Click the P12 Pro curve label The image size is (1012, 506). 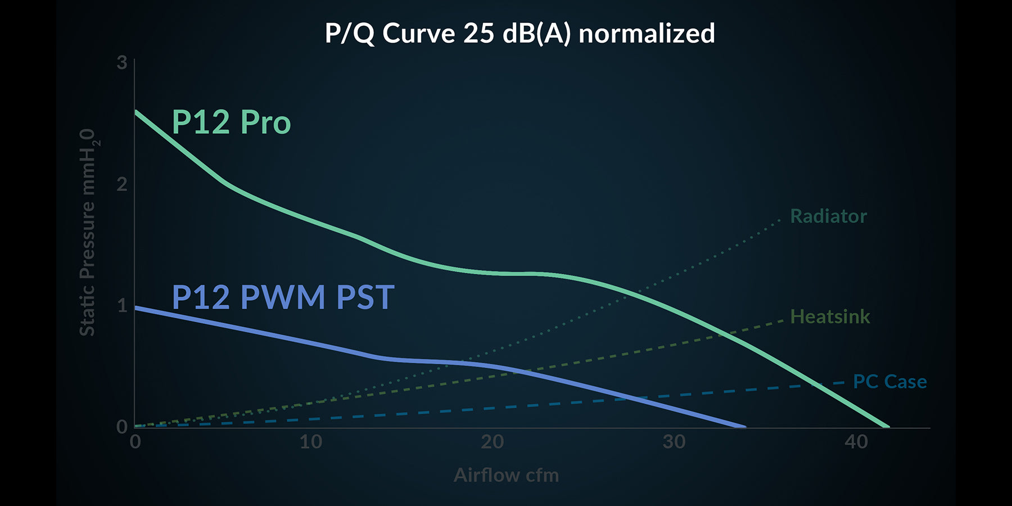(x=231, y=122)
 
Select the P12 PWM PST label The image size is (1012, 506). (x=283, y=297)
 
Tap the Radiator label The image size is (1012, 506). (x=828, y=216)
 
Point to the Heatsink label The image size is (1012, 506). (x=830, y=317)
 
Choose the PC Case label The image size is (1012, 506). (x=889, y=382)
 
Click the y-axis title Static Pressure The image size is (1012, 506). (x=88, y=232)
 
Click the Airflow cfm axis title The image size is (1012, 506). (x=506, y=475)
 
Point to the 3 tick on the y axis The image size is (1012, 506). (x=122, y=62)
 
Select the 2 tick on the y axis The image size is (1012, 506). (x=122, y=184)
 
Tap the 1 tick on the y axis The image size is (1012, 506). (x=122, y=305)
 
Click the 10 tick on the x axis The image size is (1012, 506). (x=311, y=442)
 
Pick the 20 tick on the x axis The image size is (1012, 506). (x=493, y=442)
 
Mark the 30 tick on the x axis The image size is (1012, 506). (x=674, y=442)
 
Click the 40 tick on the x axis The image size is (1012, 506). (x=856, y=442)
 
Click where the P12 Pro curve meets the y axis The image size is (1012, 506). (x=135, y=111)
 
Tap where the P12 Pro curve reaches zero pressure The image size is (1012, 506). (x=887, y=427)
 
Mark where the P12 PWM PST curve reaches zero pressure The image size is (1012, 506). (x=743, y=427)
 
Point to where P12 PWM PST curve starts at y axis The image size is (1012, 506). (x=135, y=308)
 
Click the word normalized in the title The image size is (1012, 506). (x=647, y=34)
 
